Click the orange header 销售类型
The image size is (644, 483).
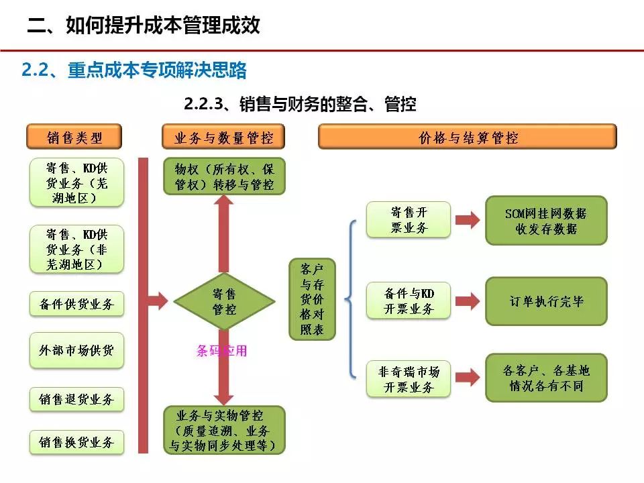(x=75, y=138)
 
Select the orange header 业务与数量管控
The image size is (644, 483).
(x=224, y=138)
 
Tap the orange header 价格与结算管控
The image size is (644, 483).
(x=468, y=138)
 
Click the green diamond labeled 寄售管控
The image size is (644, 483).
(x=224, y=301)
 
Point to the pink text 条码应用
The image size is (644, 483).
(x=221, y=350)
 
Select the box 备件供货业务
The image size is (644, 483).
(x=76, y=304)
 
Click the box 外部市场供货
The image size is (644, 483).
(x=76, y=350)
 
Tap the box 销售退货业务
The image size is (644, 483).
(x=76, y=399)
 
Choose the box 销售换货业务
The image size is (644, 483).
(x=76, y=442)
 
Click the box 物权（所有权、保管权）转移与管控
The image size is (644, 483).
(x=224, y=176)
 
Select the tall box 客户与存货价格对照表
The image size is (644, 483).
(x=312, y=299)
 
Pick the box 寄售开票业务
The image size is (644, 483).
(x=409, y=219)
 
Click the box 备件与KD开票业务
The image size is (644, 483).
(x=409, y=301)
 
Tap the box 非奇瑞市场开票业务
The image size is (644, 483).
(x=409, y=379)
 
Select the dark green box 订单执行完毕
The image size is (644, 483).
(x=546, y=301)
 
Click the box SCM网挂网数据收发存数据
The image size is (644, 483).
(x=546, y=220)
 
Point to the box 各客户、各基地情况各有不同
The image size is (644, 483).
(x=546, y=378)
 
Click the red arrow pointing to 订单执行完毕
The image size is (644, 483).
(x=468, y=301)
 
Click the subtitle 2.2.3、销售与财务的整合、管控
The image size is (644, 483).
(x=300, y=104)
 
